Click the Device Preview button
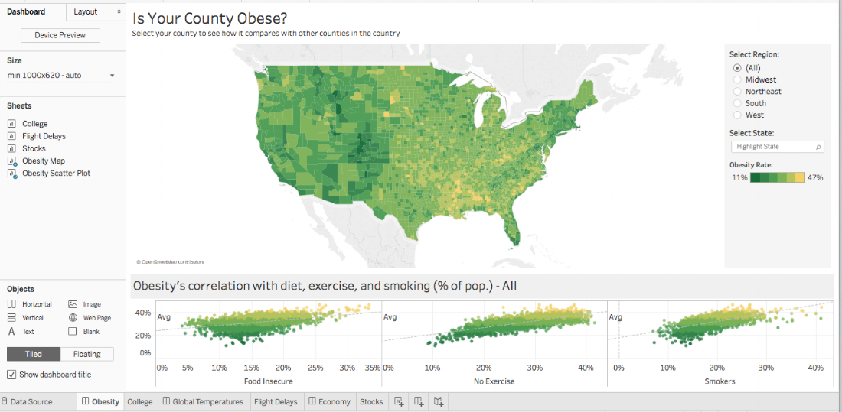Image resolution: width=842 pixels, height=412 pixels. tap(60, 35)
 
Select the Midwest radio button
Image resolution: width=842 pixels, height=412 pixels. tap(737, 79)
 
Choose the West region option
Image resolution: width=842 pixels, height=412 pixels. tap(737, 115)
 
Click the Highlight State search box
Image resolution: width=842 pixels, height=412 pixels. tap(775, 147)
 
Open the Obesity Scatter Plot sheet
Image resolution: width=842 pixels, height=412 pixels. tap(56, 174)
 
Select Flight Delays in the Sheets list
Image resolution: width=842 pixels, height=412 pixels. tap(44, 136)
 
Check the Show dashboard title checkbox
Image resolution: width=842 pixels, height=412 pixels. tap(11, 375)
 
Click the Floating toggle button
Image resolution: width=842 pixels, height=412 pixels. tap(86, 354)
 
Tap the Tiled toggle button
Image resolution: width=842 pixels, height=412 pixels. tap(33, 354)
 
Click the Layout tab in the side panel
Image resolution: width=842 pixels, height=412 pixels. tap(85, 11)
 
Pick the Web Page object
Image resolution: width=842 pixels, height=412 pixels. tap(96, 318)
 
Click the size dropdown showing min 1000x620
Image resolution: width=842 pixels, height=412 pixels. tap(60, 76)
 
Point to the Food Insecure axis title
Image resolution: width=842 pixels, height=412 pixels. tap(268, 381)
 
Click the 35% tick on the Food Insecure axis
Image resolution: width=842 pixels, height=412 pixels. tap(373, 368)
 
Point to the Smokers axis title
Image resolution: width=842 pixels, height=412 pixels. tap(719, 381)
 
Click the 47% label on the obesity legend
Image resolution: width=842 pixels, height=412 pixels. tap(815, 177)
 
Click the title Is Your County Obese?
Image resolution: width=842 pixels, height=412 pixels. tap(210, 18)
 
